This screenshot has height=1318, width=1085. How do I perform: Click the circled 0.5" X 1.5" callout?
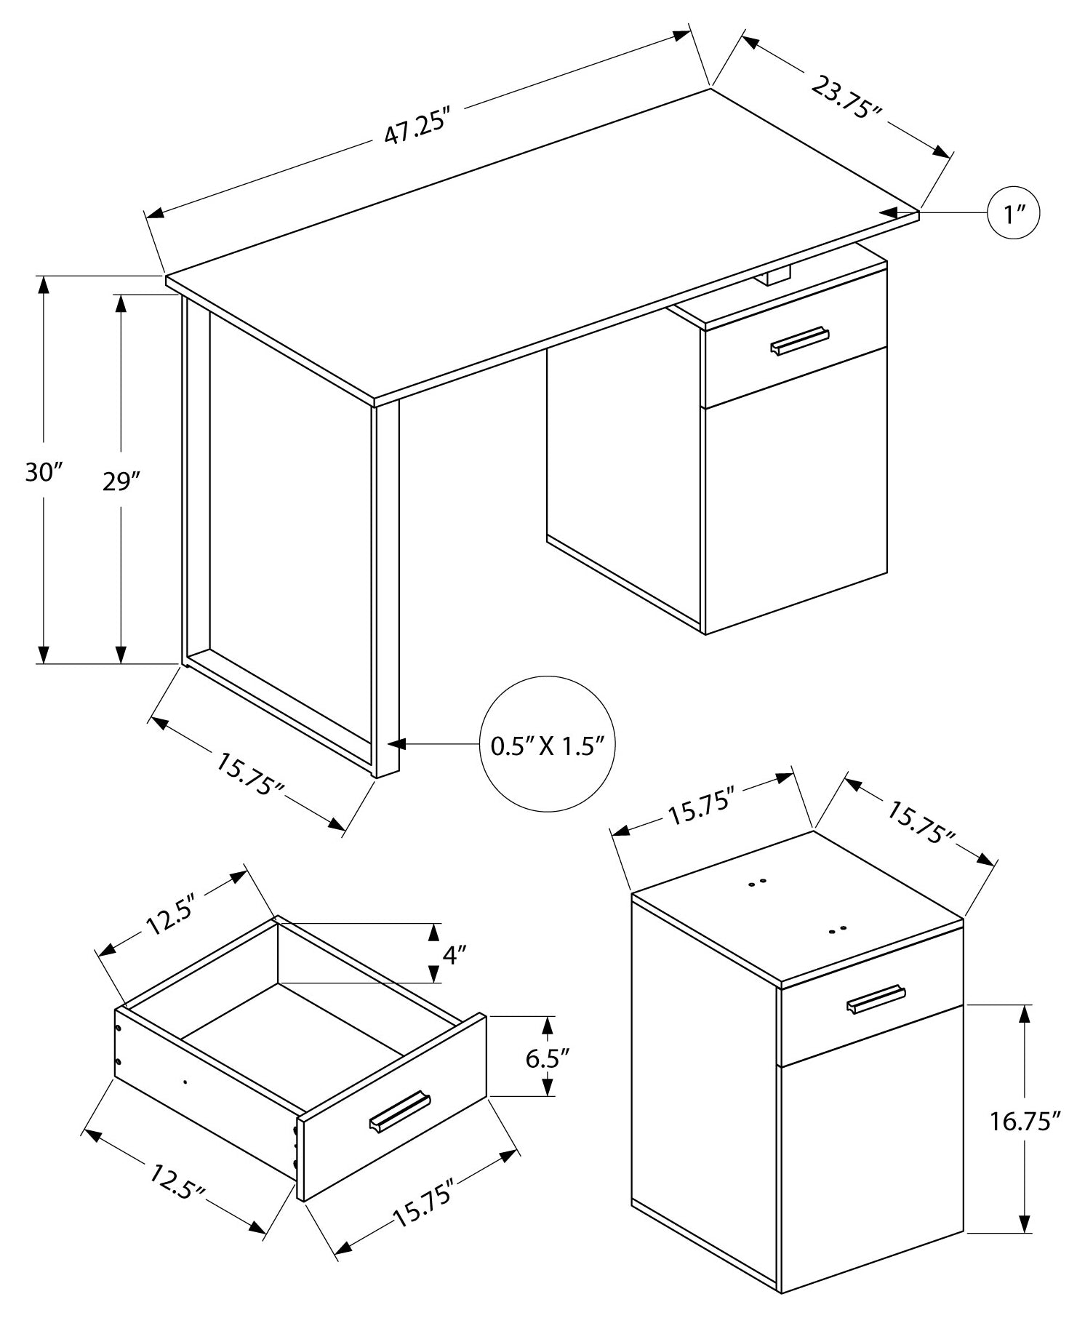click(548, 746)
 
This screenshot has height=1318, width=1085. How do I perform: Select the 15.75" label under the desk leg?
click(249, 775)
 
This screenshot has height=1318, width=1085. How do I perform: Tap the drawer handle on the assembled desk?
click(800, 340)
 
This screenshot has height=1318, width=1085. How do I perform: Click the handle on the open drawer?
click(400, 1110)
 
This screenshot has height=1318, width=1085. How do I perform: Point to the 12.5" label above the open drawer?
click(172, 918)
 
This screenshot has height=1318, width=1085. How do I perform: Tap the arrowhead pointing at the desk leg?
click(397, 744)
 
